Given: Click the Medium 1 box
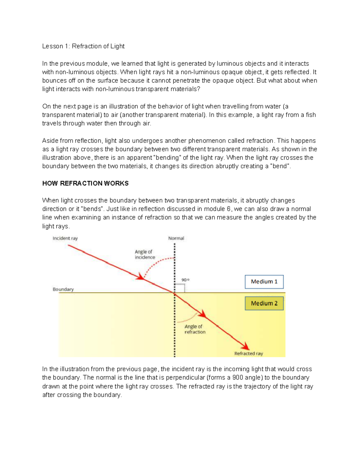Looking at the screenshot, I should (x=264, y=282).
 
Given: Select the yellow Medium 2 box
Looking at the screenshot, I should (x=264, y=303).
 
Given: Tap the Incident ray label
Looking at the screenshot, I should (x=65, y=238).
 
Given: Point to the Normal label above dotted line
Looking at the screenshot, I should (x=176, y=238).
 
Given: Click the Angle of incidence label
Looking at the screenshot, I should (x=145, y=254).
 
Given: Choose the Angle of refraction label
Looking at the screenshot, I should (x=195, y=329).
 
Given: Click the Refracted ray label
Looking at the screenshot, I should (x=248, y=353).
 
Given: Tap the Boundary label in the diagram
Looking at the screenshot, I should (x=63, y=289).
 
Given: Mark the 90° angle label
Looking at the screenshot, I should (x=185, y=280).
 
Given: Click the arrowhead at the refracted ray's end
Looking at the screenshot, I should (x=246, y=346).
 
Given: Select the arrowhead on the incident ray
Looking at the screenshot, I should (x=140, y=277).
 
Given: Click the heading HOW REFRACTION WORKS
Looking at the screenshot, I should (x=85, y=183).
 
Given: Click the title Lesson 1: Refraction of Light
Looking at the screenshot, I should (x=83, y=46).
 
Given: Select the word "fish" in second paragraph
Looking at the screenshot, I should (x=310, y=115).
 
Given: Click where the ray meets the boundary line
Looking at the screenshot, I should (x=175, y=293).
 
